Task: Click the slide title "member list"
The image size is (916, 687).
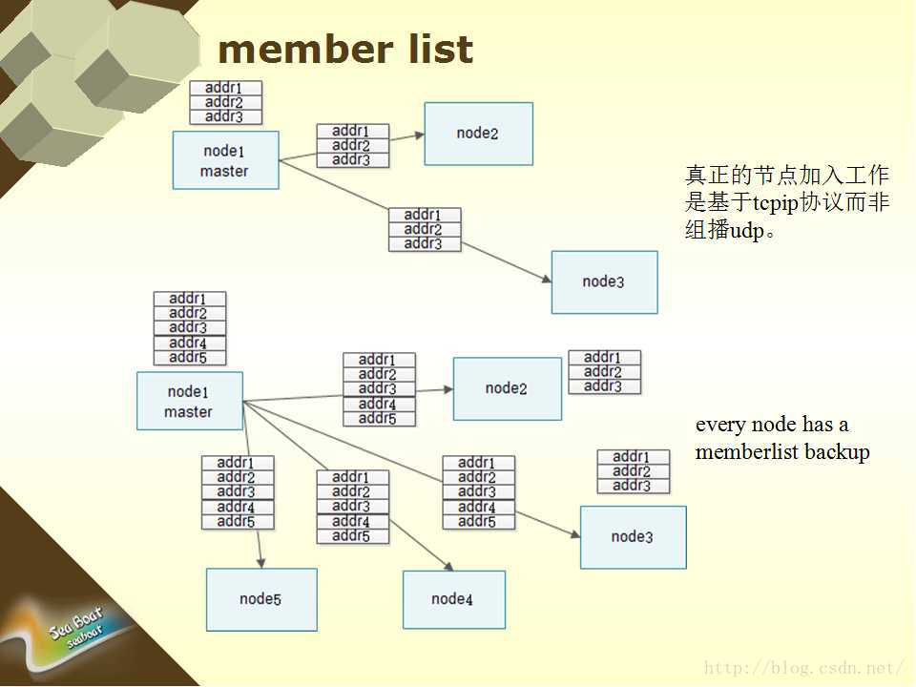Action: pos(345,50)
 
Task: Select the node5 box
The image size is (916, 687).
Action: pos(261,599)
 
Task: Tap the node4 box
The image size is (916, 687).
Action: pos(453,599)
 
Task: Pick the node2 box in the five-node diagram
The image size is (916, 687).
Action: pos(507,388)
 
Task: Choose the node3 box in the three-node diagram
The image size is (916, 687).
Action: pos(604,281)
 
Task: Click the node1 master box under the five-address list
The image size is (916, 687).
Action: pos(189,401)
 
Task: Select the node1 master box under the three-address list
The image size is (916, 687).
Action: pos(225,160)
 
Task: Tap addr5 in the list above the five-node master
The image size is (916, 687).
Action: pos(189,358)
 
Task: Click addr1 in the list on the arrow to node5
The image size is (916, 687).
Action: pos(237,463)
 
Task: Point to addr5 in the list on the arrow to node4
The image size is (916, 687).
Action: pos(352,536)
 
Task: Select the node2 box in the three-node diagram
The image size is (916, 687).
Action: pos(478,134)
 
